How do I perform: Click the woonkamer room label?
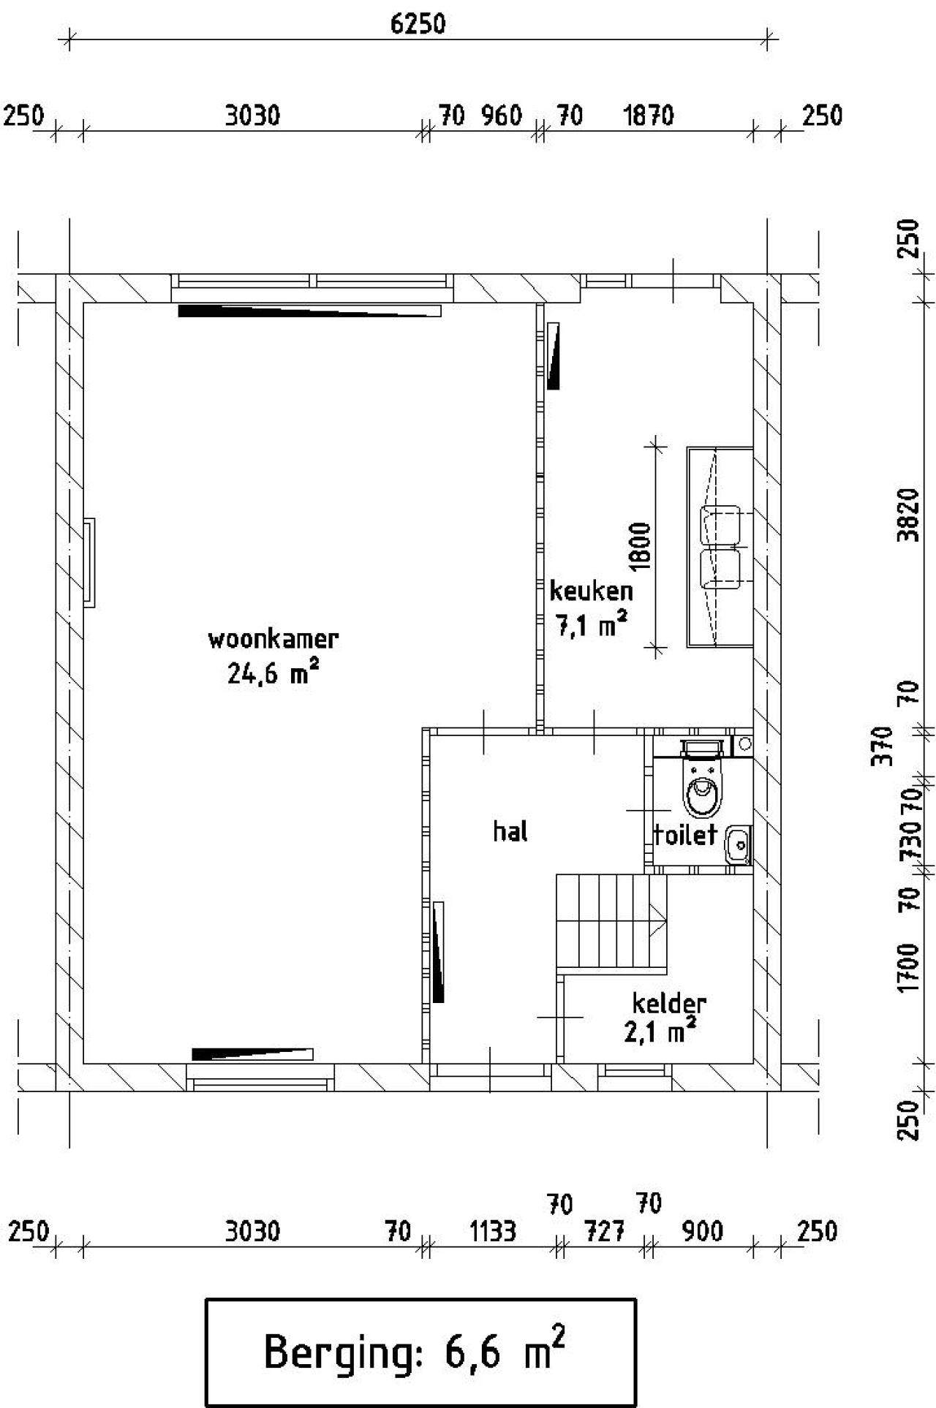pyautogui.click(x=273, y=639)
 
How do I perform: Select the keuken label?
pyautogui.click(x=591, y=590)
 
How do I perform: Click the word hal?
pyautogui.click(x=510, y=831)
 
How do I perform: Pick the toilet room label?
pyautogui.click(x=684, y=834)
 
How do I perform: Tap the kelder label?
pyautogui.click(x=669, y=1003)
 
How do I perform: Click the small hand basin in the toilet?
pyautogui.click(x=738, y=845)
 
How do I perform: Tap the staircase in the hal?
pyautogui.click(x=612, y=923)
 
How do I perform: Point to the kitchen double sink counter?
pyautogui.click(x=720, y=547)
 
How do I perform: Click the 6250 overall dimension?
pyautogui.click(x=418, y=24)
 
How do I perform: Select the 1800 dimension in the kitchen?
pyautogui.click(x=639, y=546)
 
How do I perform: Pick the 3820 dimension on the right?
pyautogui.click(x=907, y=515)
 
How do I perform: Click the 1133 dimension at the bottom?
pyautogui.click(x=493, y=1231)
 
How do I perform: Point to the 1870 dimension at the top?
pyautogui.click(x=648, y=116)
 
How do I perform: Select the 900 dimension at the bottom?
pyautogui.click(x=702, y=1231)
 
